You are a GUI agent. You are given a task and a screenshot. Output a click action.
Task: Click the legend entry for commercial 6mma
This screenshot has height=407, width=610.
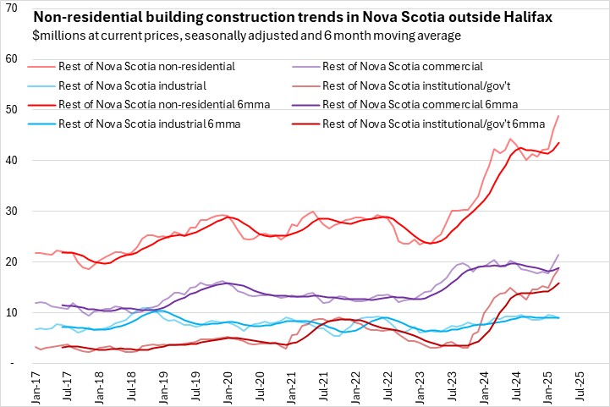point(421,103)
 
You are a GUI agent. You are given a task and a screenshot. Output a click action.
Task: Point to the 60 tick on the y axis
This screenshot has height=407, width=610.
point(12,58)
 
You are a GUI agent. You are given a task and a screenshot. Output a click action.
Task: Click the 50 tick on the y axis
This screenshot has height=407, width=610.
point(12,109)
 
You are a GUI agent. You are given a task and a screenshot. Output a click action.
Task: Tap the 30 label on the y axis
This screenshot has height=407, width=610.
point(12,211)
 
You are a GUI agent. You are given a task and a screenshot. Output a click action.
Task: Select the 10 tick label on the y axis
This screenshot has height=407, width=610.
point(12,312)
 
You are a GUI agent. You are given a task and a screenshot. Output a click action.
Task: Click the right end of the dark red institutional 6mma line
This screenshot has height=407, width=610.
point(558,283)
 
